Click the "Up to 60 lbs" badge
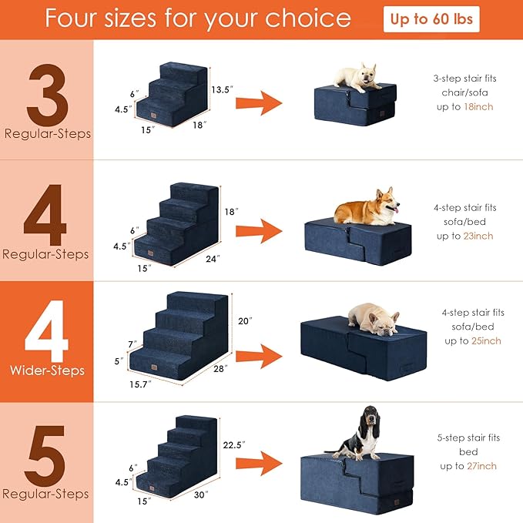tap(431, 19)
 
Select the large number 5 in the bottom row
tap(47, 451)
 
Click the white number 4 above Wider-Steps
tap(47, 330)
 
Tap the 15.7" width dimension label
tap(139, 384)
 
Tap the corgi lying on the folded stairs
tap(366, 206)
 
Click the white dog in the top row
tap(360, 78)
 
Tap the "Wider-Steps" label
tap(47, 370)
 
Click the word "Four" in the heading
tap(74, 18)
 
